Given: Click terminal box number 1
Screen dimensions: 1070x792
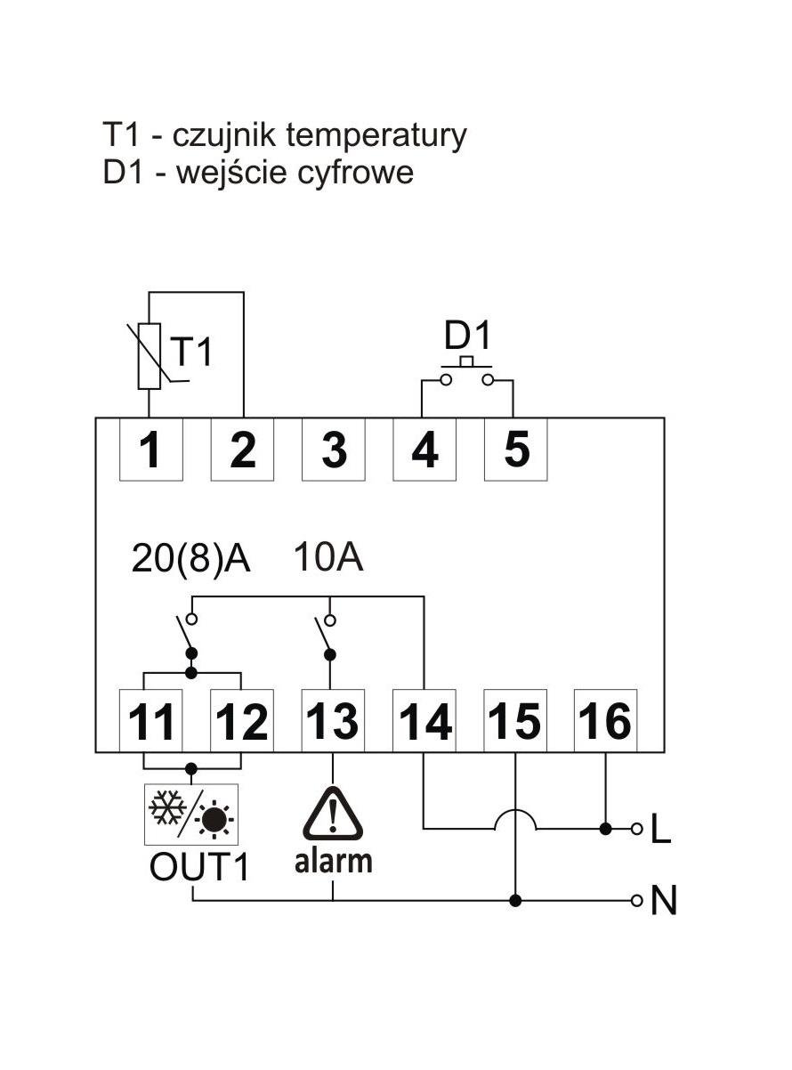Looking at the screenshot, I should (x=151, y=450).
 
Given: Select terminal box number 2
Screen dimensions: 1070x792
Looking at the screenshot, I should (x=242, y=450).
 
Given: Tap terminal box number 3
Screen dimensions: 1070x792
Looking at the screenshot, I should (x=334, y=450).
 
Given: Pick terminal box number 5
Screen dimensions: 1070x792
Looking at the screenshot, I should (x=515, y=450).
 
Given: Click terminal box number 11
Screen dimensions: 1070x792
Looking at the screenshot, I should (x=151, y=720).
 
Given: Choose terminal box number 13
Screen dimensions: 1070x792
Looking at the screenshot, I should (x=334, y=720).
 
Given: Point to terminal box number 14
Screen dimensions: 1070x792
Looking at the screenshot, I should (x=424, y=720).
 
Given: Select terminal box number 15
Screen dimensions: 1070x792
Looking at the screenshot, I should (x=515, y=720).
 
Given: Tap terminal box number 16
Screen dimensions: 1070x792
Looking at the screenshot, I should (x=606, y=720).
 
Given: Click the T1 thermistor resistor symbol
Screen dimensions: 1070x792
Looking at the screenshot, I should (x=150, y=356).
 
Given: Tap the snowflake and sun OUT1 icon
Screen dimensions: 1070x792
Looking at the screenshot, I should (x=191, y=815).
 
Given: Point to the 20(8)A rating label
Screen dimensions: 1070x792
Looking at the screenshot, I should (x=191, y=560).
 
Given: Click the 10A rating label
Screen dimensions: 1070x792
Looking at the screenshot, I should (x=328, y=560).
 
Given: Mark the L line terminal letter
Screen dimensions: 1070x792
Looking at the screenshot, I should (x=661, y=831).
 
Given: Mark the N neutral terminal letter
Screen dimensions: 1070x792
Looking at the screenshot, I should (x=664, y=901).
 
